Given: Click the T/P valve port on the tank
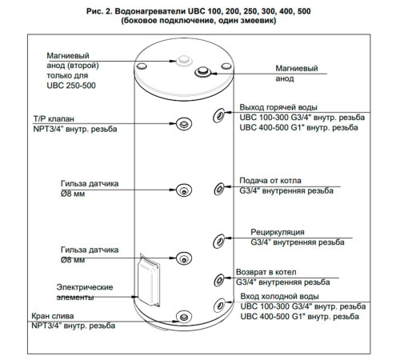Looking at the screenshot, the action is [x=184, y=124].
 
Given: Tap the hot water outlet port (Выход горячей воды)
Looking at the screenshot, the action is [x=219, y=116].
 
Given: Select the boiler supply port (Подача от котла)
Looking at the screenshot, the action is [x=219, y=189].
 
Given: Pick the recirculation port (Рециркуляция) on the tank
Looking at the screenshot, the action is [x=219, y=242].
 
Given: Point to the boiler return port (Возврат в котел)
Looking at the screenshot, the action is [x=219, y=280].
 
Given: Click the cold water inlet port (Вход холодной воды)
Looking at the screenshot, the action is [x=219, y=304].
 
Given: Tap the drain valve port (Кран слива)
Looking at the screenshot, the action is [x=184, y=318].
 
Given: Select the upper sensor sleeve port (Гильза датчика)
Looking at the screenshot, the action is [x=184, y=190].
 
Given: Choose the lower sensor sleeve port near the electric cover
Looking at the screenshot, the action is [x=184, y=258].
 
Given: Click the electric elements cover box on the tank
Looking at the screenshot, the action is [x=150, y=280].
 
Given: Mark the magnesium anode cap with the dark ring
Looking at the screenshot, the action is [x=202, y=72].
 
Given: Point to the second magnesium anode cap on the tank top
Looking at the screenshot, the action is [x=184, y=60].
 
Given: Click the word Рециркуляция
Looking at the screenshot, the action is [x=278, y=232].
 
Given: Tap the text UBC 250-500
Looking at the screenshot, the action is [x=71, y=86].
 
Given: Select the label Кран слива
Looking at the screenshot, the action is [x=53, y=316].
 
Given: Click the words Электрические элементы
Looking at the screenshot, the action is [x=85, y=292].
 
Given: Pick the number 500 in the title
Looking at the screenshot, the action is [x=303, y=11].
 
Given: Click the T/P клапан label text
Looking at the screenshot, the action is [x=54, y=119].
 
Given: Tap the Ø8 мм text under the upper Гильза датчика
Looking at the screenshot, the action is [x=73, y=194].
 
